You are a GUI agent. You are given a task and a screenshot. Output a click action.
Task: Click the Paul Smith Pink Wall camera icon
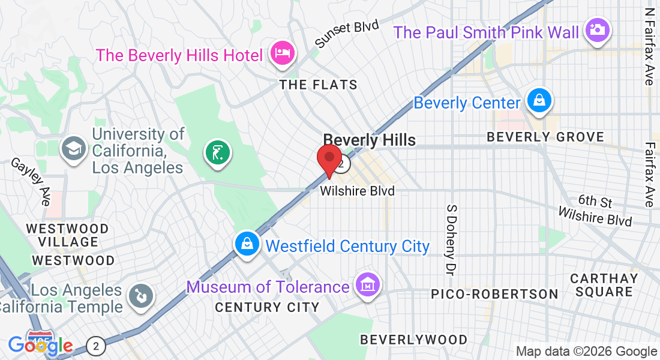pyautogui.click(x=597, y=29)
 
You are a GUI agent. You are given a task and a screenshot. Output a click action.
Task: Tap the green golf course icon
pyautogui.click(x=217, y=152)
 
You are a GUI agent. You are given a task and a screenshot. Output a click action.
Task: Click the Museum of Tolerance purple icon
pyautogui.click(x=365, y=284)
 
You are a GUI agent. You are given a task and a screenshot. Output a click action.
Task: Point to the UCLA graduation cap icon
pyautogui.click(x=74, y=148)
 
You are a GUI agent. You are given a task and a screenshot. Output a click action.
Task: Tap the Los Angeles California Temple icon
pyautogui.click(x=142, y=295)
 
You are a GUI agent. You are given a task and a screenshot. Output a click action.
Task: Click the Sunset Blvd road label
pyautogui.click(x=348, y=34)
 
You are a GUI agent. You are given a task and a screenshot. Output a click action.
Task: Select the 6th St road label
pyautogui.click(x=595, y=200)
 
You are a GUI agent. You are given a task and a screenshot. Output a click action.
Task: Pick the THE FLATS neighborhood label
pyautogui.click(x=319, y=85)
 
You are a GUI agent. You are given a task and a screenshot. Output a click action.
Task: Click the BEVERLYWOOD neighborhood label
pyautogui.click(x=413, y=340)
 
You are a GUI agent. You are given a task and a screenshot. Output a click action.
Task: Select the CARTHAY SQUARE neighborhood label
pyautogui.click(x=604, y=285)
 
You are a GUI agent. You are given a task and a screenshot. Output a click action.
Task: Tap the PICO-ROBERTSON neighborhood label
pyautogui.click(x=494, y=294)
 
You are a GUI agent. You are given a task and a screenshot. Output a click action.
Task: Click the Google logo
pyautogui.click(x=40, y=346)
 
